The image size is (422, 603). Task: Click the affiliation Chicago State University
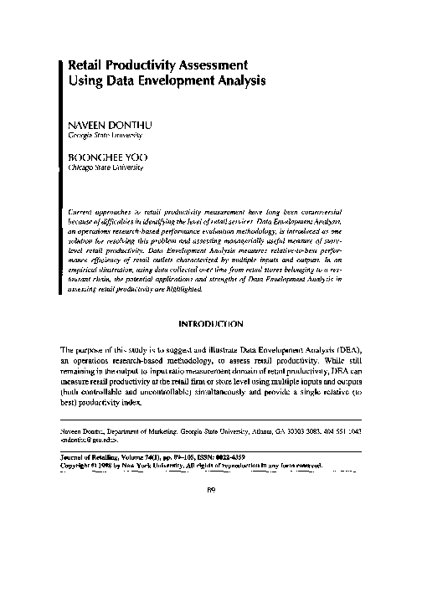point(105,167)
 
